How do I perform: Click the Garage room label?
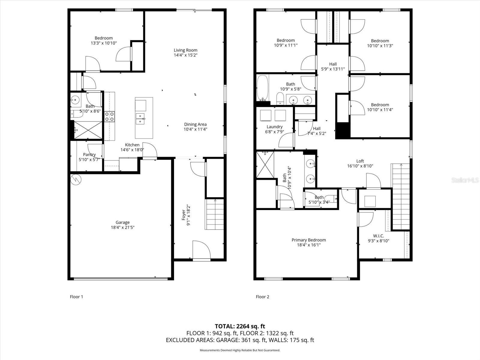pyautogui.click(x=122, y=222)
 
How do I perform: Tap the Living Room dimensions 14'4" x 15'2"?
pyautogui.click(x=185, y=55)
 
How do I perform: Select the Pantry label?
pyautogui.click(x=89, y=154)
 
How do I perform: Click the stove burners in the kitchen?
pyautogui.click(x=109, y=116)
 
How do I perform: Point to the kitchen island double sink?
pyautogui.click(x=140, y=118)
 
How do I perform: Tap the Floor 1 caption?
pyautogui.click(x=76, y=297)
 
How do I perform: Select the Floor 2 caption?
pyautogui.click(x=262, y=297)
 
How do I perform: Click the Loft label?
pyautogui.click(x=360, y=161)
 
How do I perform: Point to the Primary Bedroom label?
pyautogui.click(x=309, y=240)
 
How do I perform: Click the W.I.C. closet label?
pyautogui.click(x=378, y=236)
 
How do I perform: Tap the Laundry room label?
pyautogui.click(x=274, y=127)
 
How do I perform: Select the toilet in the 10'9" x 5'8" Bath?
pyautogui.click(x=280, y=98)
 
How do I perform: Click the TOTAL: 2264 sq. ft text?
pyautogui.click(x=240, y=326)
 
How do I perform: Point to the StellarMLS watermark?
pyautogui.click(x=465, y=180)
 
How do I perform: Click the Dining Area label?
pyautogui.click(x=195, y=124)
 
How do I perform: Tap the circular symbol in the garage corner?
pyautogui.click(x=76, y=180)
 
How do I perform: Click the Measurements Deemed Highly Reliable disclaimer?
pyautogui.click(x=240, y=350)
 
